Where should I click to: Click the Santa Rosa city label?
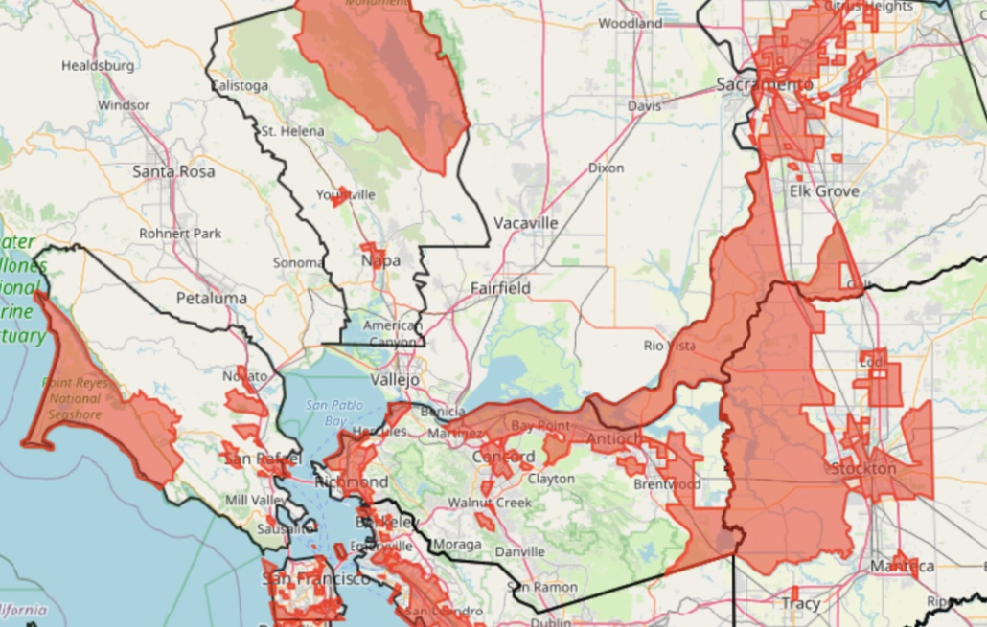tap(173, 171)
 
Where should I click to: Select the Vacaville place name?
tap(525, 223)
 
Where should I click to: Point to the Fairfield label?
tap(500, 287)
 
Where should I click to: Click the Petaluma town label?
tap(211, 298)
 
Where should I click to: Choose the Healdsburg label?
tap(98, 66)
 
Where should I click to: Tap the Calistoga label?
tap(240, 86)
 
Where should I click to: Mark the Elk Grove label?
tap(824, 191)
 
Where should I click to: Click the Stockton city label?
tap(863, 469)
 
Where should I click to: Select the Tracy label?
tap(800, 604)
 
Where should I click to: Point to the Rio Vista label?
tap(667, 346)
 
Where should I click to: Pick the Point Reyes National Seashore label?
tap(75, 398)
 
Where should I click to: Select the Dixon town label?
tap(606, 168)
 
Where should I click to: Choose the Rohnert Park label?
tap(180, 233)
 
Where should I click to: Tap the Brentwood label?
tap(667, 484)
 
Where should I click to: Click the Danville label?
tap(520, 552)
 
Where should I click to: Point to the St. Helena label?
tap(292, 130)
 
